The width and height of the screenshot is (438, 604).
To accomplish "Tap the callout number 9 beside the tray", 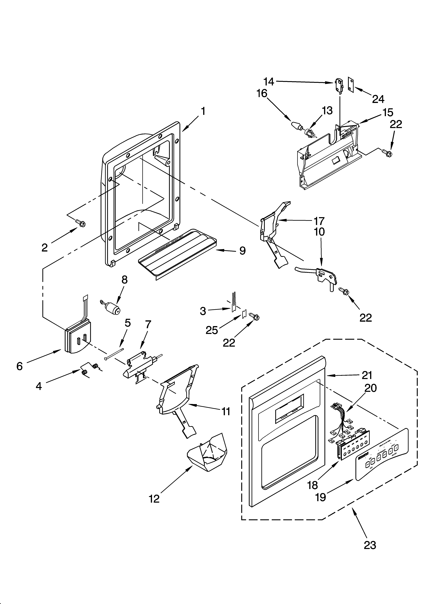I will pos(242,251).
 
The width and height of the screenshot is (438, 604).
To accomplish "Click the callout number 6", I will pos(19,366).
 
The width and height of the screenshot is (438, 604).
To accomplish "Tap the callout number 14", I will pos(269,82).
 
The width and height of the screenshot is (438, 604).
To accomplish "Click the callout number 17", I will pos(319,221).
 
